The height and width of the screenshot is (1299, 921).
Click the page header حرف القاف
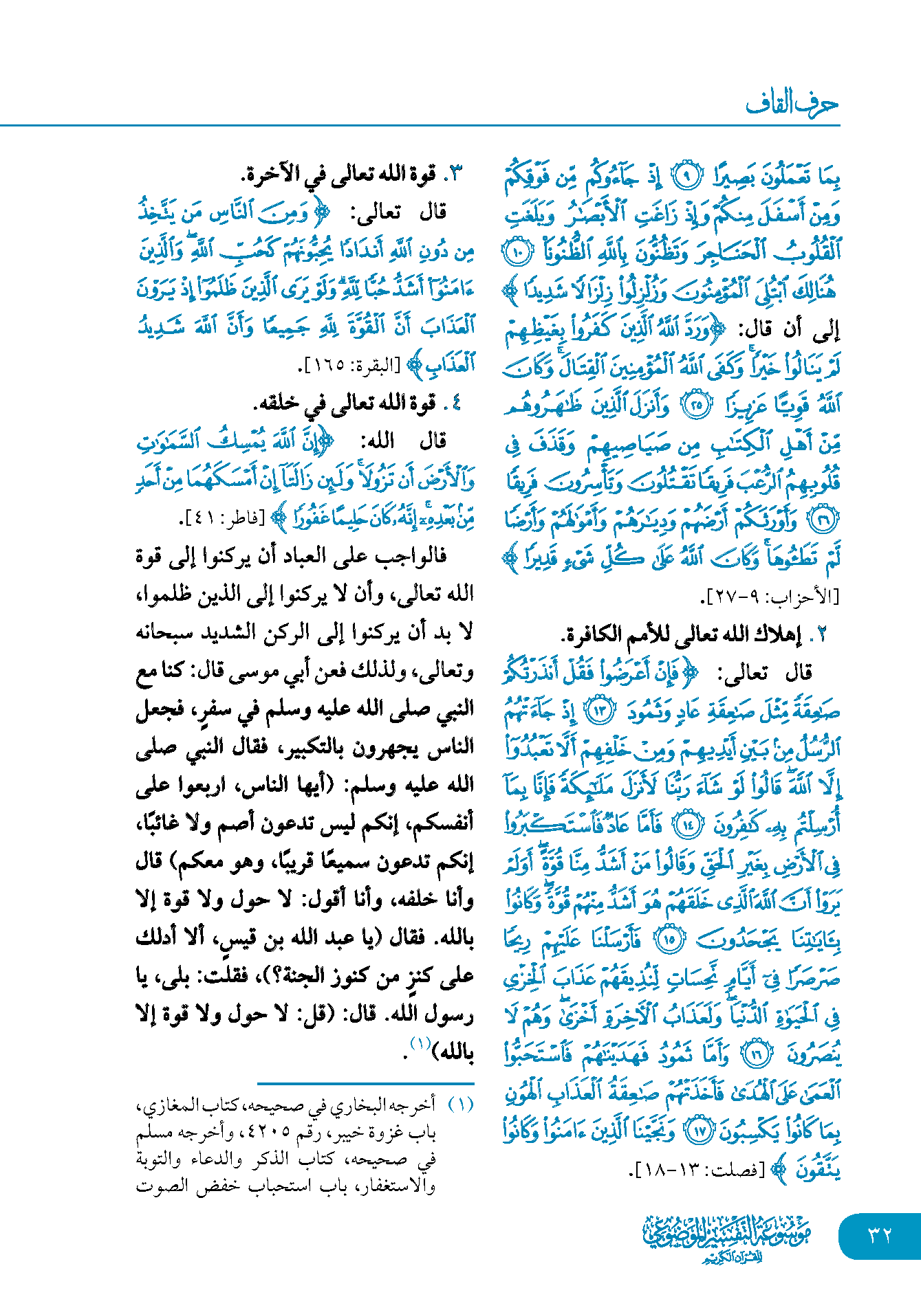coord(792,104)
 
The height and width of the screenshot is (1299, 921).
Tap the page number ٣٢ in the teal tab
coord(880,1235)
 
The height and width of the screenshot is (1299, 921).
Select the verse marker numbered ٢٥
coord(696,406)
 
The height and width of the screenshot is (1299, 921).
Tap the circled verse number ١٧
coord(700,1131)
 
